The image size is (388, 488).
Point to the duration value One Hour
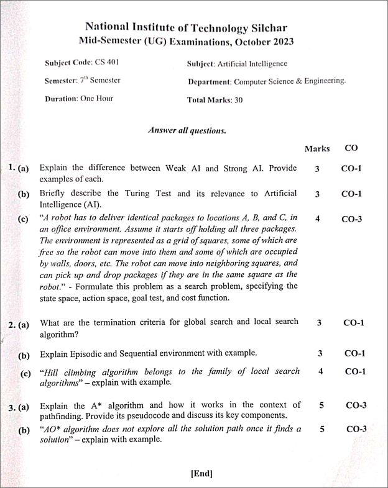pyautogui.click(x=96, y=99)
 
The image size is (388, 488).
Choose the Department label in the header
pyautogui.click(x=210, y=81)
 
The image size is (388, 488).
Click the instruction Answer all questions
pyautogui.click(x=187, y=131)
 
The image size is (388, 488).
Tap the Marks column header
pyautogui.click(x=317, y=149)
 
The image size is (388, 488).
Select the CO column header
pyautogui.click(x=351, y=148)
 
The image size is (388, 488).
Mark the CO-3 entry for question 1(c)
pyautogui.click(x=351, y=219)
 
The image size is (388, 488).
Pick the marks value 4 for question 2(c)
pyautogui.click(x=321, y=371)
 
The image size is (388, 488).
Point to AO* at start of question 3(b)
pyautogui.click(x=53, y=429)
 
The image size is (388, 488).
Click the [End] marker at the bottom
pyautogui.click(x=201, y=474)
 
